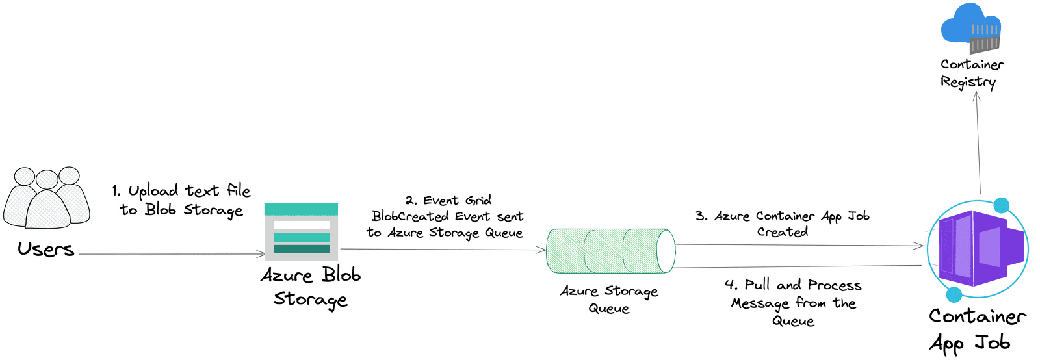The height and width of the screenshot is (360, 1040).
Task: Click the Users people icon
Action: [x=47, y=198]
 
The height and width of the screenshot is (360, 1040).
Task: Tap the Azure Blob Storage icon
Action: [x=301, y=231]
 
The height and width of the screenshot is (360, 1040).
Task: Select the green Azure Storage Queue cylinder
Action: [x=610, y=251]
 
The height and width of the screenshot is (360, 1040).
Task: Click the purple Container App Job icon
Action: [x=978, y=248]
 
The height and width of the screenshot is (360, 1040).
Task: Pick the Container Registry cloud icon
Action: [x=971, y=29]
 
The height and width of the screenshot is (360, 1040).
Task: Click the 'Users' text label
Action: [x=45, y=250]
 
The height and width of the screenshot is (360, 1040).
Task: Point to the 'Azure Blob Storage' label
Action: [x=311, y=287]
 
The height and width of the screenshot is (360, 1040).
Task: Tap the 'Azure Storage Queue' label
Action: [x=609, y=300]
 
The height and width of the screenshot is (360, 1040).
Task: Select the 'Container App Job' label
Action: [x=977, y=329]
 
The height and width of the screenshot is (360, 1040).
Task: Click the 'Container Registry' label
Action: [x=971, y=73]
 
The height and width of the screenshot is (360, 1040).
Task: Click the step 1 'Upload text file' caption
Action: [x=181, y=199]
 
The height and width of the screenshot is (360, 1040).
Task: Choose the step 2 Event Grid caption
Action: [x=447, y=216]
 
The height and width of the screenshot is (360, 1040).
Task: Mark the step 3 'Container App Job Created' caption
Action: [x=783, y=224]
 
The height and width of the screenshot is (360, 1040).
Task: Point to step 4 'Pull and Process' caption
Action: [x=793, y=302]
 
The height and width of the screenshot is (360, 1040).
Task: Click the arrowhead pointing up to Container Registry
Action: [x=976, y=96]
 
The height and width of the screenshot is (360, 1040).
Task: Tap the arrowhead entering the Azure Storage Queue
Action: [x=541, y=250]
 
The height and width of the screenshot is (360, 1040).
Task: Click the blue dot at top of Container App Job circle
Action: [x=1002, y=205]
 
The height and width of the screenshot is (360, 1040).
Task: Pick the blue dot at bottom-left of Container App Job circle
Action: [x=954, y=295]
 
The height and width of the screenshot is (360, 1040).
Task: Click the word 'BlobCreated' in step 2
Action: [x=410, y=216]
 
